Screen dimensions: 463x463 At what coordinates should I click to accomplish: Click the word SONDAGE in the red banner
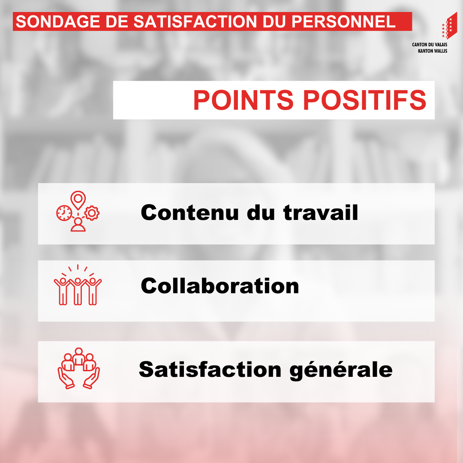58,21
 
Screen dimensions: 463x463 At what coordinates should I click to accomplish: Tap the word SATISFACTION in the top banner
195,21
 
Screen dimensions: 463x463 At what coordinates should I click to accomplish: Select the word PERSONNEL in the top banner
343,21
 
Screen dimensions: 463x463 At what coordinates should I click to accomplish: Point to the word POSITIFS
365,100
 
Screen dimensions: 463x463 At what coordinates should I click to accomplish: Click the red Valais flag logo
449,26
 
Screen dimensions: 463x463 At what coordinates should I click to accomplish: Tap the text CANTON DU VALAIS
430,45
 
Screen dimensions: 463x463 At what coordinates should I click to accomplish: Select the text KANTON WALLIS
433,51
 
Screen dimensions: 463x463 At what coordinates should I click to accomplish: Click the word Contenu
190,212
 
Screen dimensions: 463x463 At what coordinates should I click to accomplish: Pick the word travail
321,212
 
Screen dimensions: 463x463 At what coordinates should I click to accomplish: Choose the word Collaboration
220,286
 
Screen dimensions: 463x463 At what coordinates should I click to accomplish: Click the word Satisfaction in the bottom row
210,370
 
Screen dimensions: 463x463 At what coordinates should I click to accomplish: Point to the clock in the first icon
64,213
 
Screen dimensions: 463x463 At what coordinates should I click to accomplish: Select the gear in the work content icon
92,213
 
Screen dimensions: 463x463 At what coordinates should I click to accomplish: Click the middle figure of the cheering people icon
78,291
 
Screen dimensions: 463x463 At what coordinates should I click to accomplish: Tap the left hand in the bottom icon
66,378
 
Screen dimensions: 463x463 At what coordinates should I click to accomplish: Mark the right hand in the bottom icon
92,378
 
